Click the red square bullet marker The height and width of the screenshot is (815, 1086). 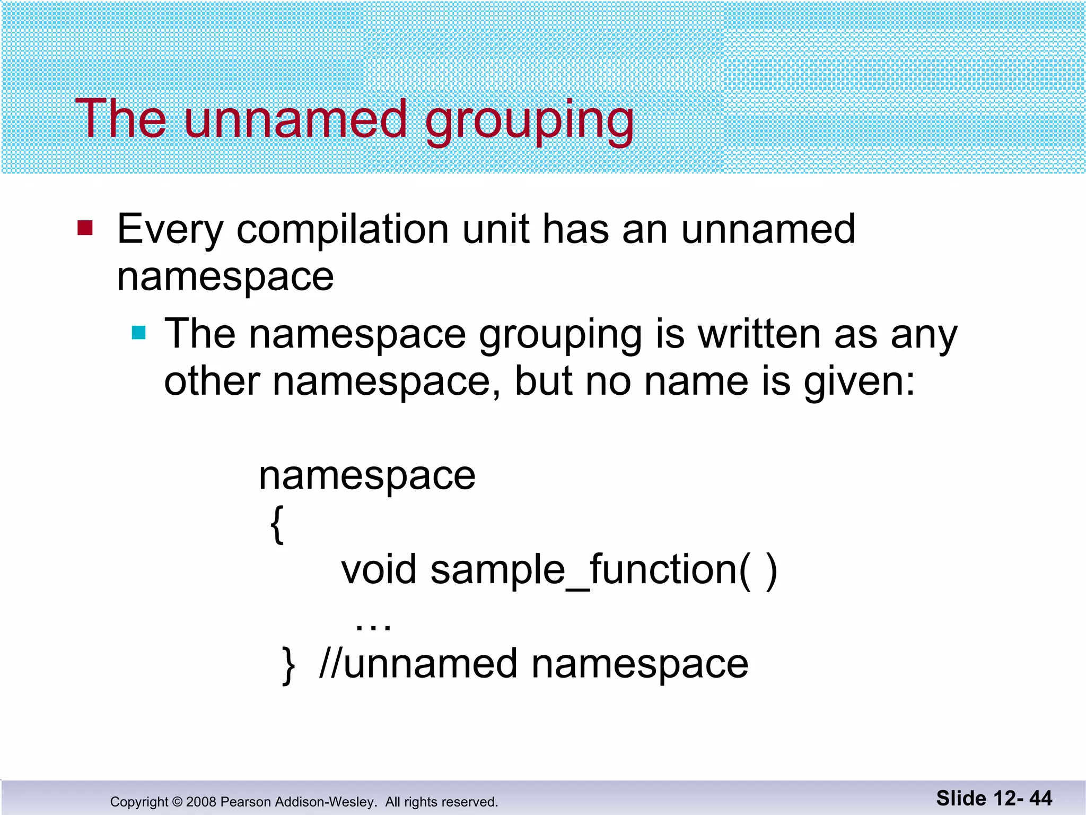coord(85,228)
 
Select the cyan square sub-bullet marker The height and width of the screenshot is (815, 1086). coord(138,333)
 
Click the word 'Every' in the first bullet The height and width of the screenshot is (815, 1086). coord(170,230)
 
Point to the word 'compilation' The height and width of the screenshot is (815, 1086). coord(343,230)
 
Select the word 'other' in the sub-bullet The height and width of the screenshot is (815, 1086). coord(212,382)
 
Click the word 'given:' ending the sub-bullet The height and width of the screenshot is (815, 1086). coord(859,383)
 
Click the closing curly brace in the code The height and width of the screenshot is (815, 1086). coord(288,665)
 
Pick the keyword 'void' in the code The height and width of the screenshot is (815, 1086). coord(379,570)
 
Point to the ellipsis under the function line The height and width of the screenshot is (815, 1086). coord(373,626)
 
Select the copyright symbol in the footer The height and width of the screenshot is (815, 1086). coord(177,802)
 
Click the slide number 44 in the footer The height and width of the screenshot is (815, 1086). coord(1040,798)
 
